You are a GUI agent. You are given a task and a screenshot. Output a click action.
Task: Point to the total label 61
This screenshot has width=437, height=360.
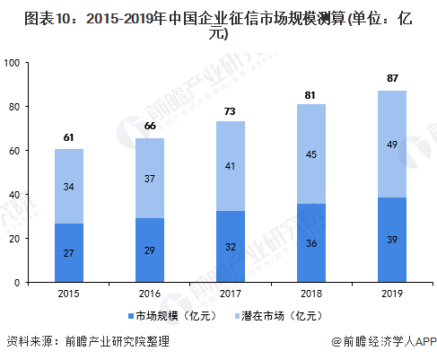click(69, 136)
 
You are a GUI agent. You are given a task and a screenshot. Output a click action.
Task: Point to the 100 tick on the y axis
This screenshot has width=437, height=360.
click(12, 63)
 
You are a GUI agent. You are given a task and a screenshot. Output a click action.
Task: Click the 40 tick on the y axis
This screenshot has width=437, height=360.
click(14, 195)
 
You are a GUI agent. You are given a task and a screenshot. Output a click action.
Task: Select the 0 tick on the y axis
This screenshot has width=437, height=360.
click(17, 283)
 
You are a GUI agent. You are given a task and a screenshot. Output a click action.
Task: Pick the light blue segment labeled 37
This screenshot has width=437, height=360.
click(150, 178)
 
